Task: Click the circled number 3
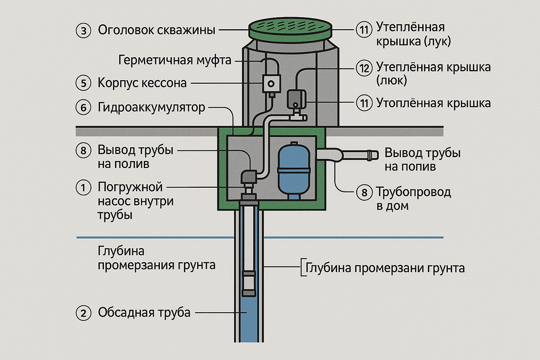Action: click(x=84, y=31)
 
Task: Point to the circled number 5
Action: click(x=84, y=83)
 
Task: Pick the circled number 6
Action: click(x=84, y=108)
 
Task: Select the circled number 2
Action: click(x=84, y=312)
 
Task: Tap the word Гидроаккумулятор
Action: click(x=151, y=108)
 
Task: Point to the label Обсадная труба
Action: click(x=144, y=312)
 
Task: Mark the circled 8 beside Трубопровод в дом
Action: click(x=363, y=193)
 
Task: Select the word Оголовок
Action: click(x=125, y=31)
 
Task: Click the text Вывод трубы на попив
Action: click(x=422, y=159)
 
